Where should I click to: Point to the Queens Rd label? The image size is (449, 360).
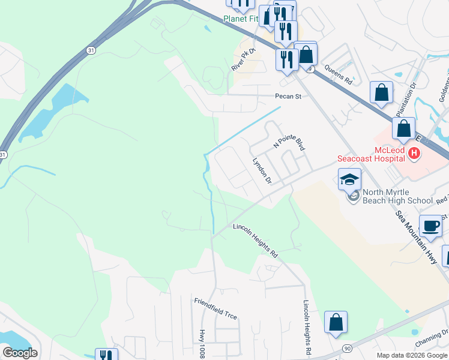(x=340, y=76)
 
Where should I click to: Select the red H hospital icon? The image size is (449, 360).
(x=414, y=154)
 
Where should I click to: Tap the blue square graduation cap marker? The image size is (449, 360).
(x=349, y=179)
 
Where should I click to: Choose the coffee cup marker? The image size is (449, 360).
(x=430, y=226)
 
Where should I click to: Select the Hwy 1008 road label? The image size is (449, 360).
(x=201, y=343)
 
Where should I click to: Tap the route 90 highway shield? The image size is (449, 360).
(x=347, y=348)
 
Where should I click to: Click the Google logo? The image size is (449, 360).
(x=20, y=353)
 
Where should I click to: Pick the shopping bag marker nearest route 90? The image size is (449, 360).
(x=336, y=322)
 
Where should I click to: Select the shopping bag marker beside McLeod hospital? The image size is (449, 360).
(x=404, y=128)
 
